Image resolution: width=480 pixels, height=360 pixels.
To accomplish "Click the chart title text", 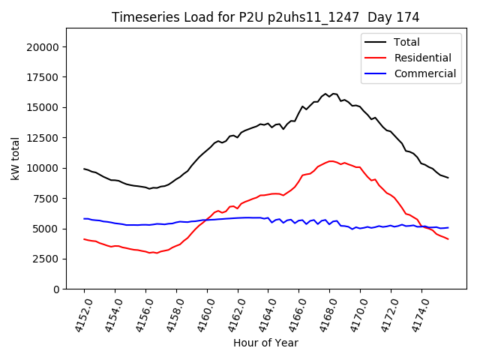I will pyautogui.click(x=265, y=17).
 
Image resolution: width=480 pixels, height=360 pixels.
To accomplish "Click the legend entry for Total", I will pyautogui.click(x=406, y=42).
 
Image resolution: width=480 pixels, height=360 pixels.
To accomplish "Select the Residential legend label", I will pyautogui.click(x=422, y=58).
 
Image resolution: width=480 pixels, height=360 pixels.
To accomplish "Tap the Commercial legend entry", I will pyautogui.click(x=424, y=73).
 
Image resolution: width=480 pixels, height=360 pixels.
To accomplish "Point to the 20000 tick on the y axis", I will pyautogui.click(x=45, y=46).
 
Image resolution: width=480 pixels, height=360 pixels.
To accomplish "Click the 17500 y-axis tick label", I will pyautogui.click(x=45, y=76).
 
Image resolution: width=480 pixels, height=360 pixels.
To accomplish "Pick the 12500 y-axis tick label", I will pyautogui.click(x=45, y=137).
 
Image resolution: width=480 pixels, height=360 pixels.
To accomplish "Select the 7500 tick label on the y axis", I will pyautogui.click(x=48, y=198).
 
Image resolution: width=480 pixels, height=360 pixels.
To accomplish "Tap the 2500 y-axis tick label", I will pyautogui.click(x=48, y=259).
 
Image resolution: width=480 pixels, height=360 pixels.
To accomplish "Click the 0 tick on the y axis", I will pyautogui.click(x=57, y=289).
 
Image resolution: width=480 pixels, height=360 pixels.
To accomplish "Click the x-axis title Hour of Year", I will pyautogui.click(x=265, y=343).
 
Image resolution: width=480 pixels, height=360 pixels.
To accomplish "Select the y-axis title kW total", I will pyautogui.click(x=15, y=159).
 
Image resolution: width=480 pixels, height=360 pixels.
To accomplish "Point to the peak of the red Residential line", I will pyautogui.click(x=330, y=160).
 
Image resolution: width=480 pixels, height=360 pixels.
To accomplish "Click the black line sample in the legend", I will pyautogui.click(x=376, y=42).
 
